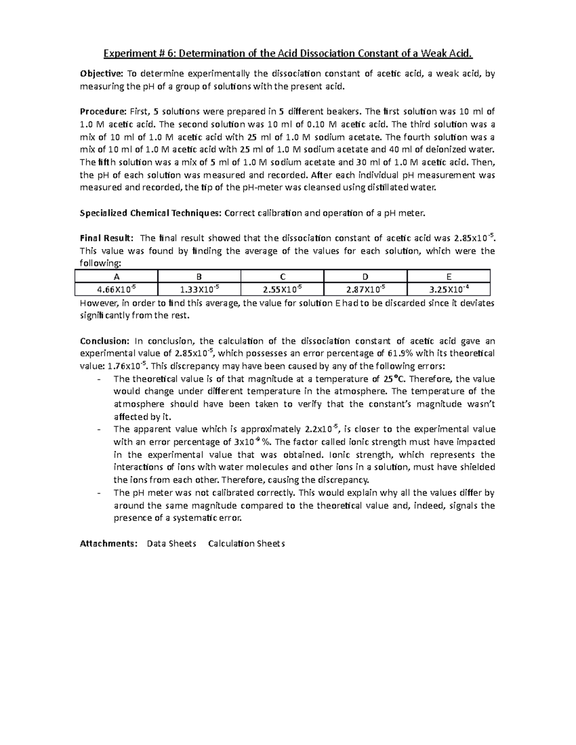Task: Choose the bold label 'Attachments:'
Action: (x=108, y=544)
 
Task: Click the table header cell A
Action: (x=116, y=276)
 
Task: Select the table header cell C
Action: (x=282, y=276)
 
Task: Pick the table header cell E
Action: (x=448, y=276)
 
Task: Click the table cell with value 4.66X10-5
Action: (x=116, y=289)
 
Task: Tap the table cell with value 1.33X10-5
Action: (x=199, y=289)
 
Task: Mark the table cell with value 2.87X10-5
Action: (x=365, y=289)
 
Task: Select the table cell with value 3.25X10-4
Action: (x=448, y=289)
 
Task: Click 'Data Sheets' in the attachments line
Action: (x=171, y=544)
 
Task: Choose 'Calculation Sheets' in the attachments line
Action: (x=246, y=544)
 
